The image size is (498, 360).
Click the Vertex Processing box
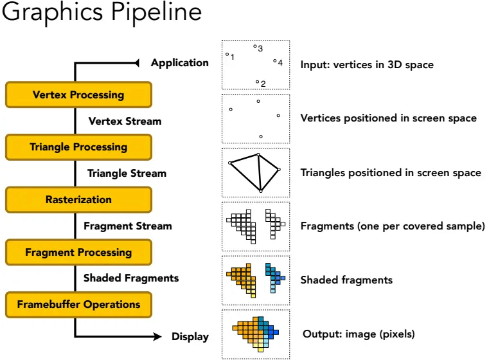pyautogui.click(x=79, y=94)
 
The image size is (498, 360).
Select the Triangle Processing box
pyautogui.click(x=79, y=147)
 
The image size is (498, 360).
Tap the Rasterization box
pyautogui.click(x=79, y=199)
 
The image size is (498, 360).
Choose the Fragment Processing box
pyautogui.click(x=79, y=252)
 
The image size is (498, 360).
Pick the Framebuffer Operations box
pyautogui.click(x=79, y=305)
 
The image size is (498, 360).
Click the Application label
pyautogui.click(x=180, y=62)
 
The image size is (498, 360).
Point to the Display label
pyautogui.click(x=190, y=336)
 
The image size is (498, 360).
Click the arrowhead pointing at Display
pyautogui.click(x=157, y=336)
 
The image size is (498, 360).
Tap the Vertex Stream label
pyautogui.click(x=125, y=121)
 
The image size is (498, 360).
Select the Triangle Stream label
pyautogui.click(x=127, y=173)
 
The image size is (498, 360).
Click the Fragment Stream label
pyautogui.click(x=128, y=226)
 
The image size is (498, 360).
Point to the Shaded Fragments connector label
pyautogui.click(x=131, y=278)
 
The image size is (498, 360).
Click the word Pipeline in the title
pyautogui.click(x=156, y=13)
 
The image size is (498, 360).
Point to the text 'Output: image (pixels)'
pyautogui.click(x=359, y=334)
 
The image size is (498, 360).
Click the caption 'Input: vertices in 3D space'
pyautogui.click(x=367, y=65)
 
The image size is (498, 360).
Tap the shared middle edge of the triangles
pyautogui.click(x=260, y=173)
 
